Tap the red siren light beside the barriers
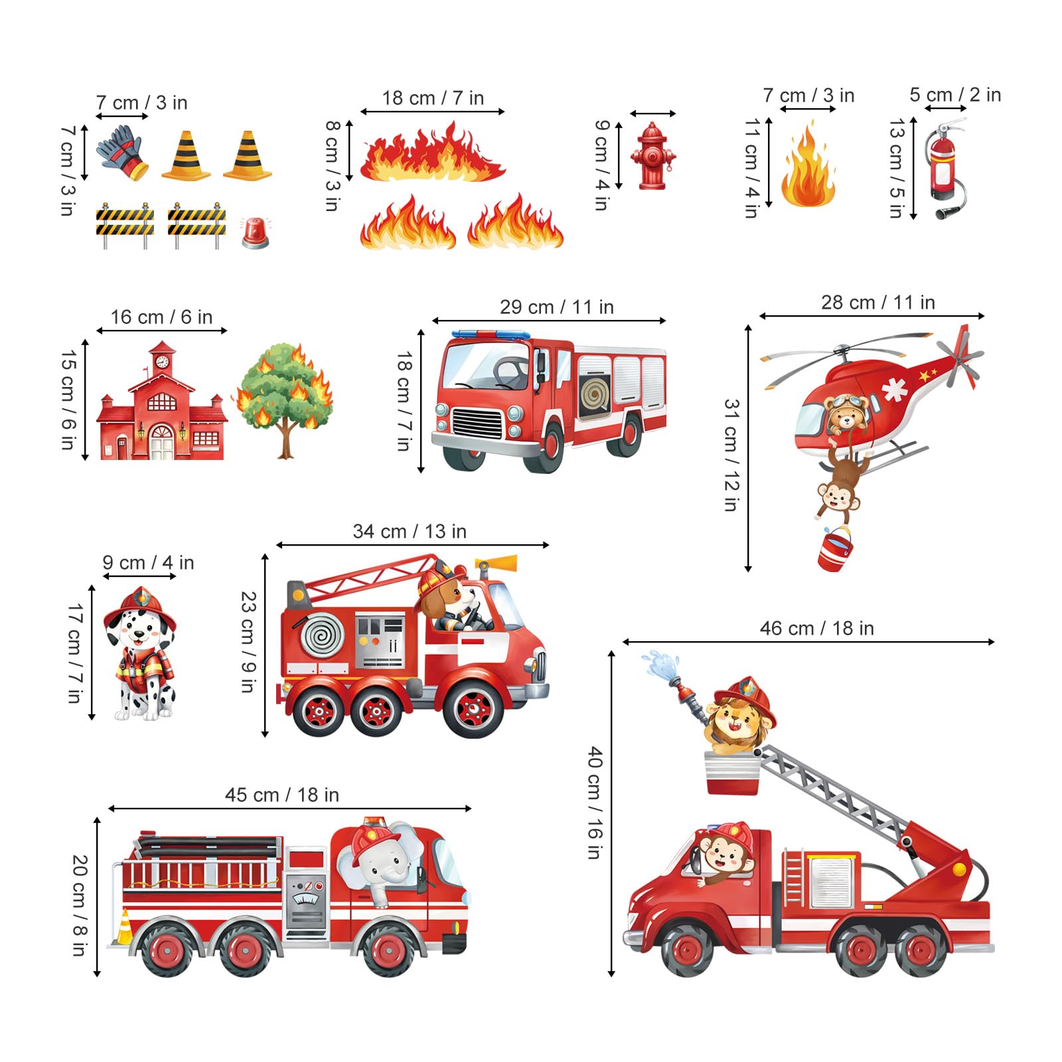point(255,233)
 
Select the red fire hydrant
point(653,157)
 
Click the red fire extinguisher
point(943,166)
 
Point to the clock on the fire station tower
point(162,362)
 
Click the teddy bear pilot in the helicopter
point(844,414)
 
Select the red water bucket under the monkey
point(835,550)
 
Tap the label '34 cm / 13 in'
point(410,532)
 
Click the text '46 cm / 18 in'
point(816,629)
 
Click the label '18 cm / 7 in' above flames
point(433,98)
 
